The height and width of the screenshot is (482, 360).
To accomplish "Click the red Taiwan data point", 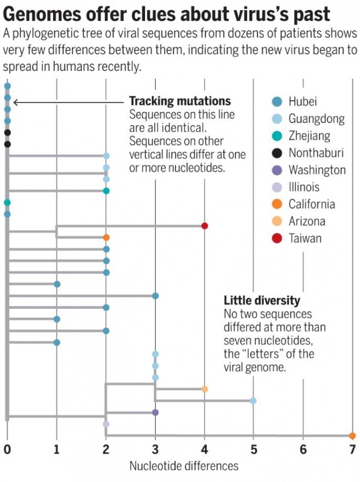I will tap(204, 226).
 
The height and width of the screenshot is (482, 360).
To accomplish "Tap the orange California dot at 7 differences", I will tap(352, 436).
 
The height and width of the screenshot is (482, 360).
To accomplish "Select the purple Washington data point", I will tap(155, 412).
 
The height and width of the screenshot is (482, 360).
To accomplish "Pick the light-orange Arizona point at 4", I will tap(204, 389).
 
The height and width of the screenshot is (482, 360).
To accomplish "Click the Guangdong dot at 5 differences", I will tap(253, 401).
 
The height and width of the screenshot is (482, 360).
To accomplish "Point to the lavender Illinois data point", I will tap(106, 424).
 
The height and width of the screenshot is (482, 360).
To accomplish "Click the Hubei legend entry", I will tap(302, 101).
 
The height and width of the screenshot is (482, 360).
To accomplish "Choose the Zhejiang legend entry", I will tap(308, 136).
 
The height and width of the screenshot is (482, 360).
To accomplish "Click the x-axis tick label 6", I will tap(303, 450).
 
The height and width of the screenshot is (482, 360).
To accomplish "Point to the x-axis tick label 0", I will tap(7, 450).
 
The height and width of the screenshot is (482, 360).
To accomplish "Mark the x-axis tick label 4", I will tap(204, 450).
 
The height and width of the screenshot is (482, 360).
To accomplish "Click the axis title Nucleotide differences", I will tap(184, 466).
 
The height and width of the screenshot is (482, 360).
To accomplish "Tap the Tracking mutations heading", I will tap(180, 102).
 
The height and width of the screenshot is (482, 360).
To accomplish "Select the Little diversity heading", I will tap(261, 300).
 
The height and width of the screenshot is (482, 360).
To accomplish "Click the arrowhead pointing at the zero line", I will tap(15, 102).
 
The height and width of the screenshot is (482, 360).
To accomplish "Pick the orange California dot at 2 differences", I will tap(106, 237).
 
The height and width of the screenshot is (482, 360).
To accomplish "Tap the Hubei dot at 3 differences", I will tap(156, 296).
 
